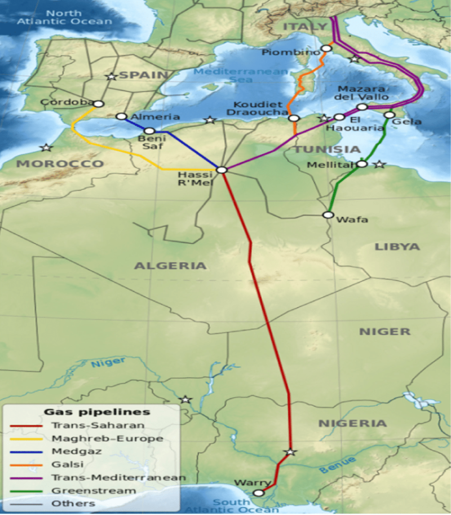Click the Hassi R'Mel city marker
(x=222, y=170)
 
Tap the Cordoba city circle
(x=99, y=104)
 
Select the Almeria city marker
(x=121, y=117)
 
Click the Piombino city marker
(x=326, y=49)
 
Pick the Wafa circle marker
(x=328, y=215)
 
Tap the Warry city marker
(x=258, y=492)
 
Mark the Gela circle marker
(x=389, y=115)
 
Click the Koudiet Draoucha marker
(x=293, y=118)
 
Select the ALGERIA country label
(x=170, y=266)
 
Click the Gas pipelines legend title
(x=97, y=412)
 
